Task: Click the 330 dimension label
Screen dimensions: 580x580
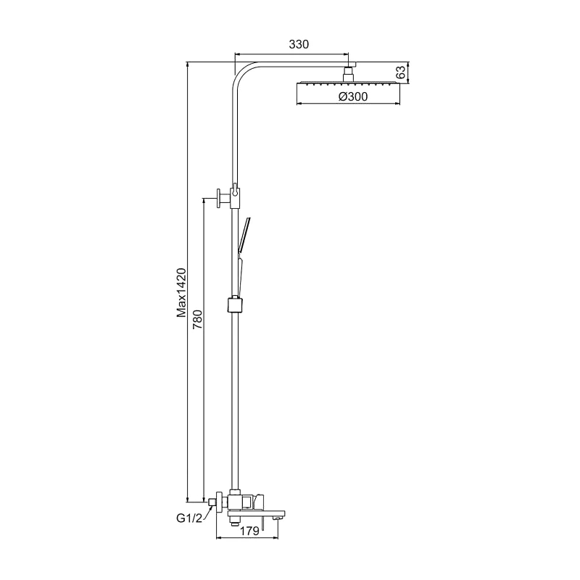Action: click(x=299, y=44)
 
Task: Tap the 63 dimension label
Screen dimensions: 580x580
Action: click(x=401, y=72)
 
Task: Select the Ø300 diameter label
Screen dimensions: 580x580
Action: click(x=353, y=96)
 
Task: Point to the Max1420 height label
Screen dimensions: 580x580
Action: click(x=181, y=293)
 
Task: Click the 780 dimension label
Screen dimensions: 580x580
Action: click(x=197, y=319)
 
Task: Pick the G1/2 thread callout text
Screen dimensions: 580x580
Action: click(x=189, y=518)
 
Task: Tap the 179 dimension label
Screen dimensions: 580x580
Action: click(x=249, y=531)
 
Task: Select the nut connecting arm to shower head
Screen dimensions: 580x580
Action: click(x=349, y=77)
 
